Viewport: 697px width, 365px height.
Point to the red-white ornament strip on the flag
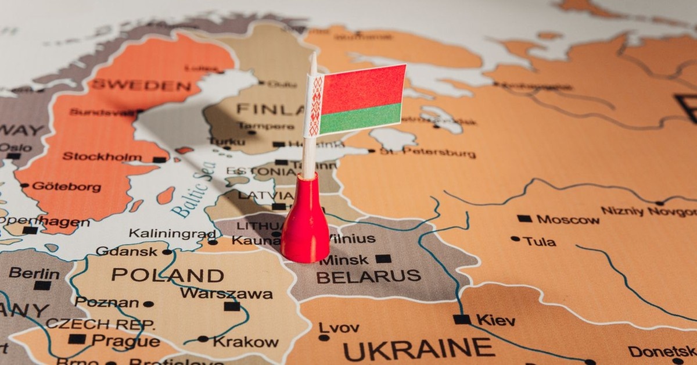click(315, 105)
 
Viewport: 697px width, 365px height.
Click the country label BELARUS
click(368, 277)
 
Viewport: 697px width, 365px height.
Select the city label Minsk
click(344, 259)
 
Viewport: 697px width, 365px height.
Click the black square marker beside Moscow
click(524, 219)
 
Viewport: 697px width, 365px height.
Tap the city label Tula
click(539, 241)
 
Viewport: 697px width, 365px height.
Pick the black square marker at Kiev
click(462, 319)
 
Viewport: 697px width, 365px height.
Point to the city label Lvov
click(339, 328)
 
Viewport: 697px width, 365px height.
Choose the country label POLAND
click(167, 275)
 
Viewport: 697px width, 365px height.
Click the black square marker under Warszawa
click(232, 306)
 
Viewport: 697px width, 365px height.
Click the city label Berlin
click(34, 273)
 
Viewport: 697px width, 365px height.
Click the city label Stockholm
click(102, 156)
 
